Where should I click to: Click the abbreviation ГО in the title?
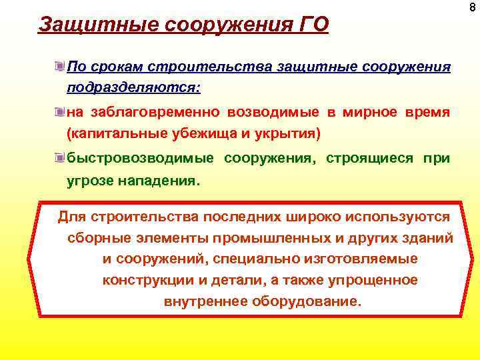click(311, 26)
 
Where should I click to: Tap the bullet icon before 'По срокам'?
click(60, 67)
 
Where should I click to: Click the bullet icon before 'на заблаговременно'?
click(60, 113)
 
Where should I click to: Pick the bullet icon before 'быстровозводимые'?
click(60, 158)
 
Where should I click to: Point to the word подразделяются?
click(133, 88)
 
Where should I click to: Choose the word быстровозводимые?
click(141, 158)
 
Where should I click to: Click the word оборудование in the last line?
click(307, 301)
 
